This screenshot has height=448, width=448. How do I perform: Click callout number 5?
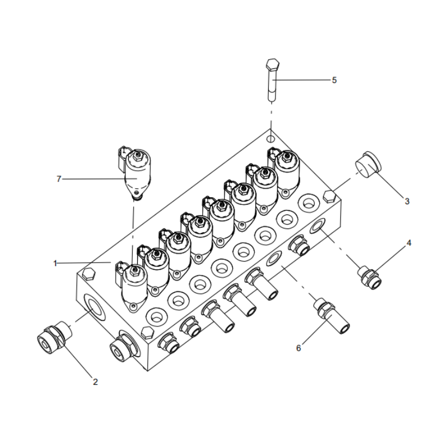[334, 80]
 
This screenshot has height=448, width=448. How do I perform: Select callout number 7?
[58, 179]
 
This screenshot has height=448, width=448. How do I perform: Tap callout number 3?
[407, 201]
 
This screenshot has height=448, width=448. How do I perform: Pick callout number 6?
[298, 348]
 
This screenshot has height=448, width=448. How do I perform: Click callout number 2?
[95, 382]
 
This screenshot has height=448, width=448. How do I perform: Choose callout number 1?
[55, 263]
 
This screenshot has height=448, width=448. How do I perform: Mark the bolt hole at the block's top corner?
[271, 138]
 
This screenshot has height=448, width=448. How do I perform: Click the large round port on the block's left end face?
[93, 306]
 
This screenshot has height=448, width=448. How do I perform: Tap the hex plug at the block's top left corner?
[87, 273]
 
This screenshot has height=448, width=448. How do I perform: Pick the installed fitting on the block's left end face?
[121, 348]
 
